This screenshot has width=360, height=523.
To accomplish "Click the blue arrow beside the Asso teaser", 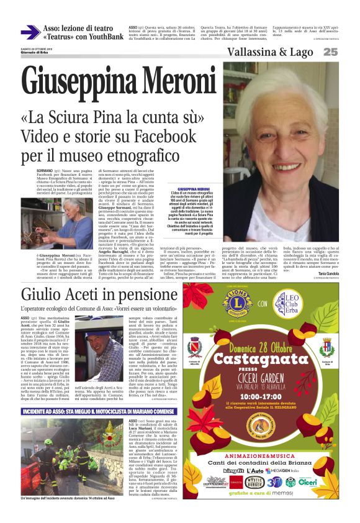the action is click(30, 32).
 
